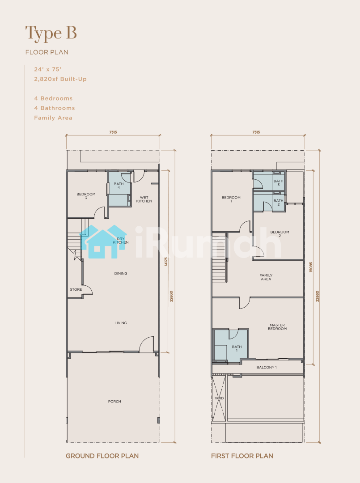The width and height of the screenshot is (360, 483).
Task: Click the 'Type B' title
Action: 51,34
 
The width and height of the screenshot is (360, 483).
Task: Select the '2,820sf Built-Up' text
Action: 60,79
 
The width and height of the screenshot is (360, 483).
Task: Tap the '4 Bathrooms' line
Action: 55,108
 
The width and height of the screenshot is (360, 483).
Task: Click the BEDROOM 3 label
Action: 86,196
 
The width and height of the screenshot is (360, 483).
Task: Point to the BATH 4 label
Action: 119,186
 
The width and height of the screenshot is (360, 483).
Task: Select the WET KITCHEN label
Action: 144,199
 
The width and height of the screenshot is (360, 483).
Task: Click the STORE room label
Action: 76,289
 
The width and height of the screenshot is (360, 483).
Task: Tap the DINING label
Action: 121,273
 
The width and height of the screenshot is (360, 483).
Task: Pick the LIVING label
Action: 121,323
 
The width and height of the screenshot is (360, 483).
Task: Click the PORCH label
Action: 114,401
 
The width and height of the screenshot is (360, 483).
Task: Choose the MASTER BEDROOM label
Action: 277,327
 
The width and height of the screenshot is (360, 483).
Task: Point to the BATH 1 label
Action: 237,348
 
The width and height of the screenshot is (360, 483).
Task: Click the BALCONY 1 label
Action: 267,367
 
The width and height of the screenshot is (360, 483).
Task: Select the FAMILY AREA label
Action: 266,277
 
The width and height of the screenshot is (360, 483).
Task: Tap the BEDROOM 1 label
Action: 231,199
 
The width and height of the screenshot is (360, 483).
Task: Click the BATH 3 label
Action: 279,183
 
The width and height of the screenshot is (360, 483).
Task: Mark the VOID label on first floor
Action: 219,398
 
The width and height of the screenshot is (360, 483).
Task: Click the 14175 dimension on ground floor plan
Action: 166,262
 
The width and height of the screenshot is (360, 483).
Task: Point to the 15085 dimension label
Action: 311,267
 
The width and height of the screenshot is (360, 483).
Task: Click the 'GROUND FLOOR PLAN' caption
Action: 102,456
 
